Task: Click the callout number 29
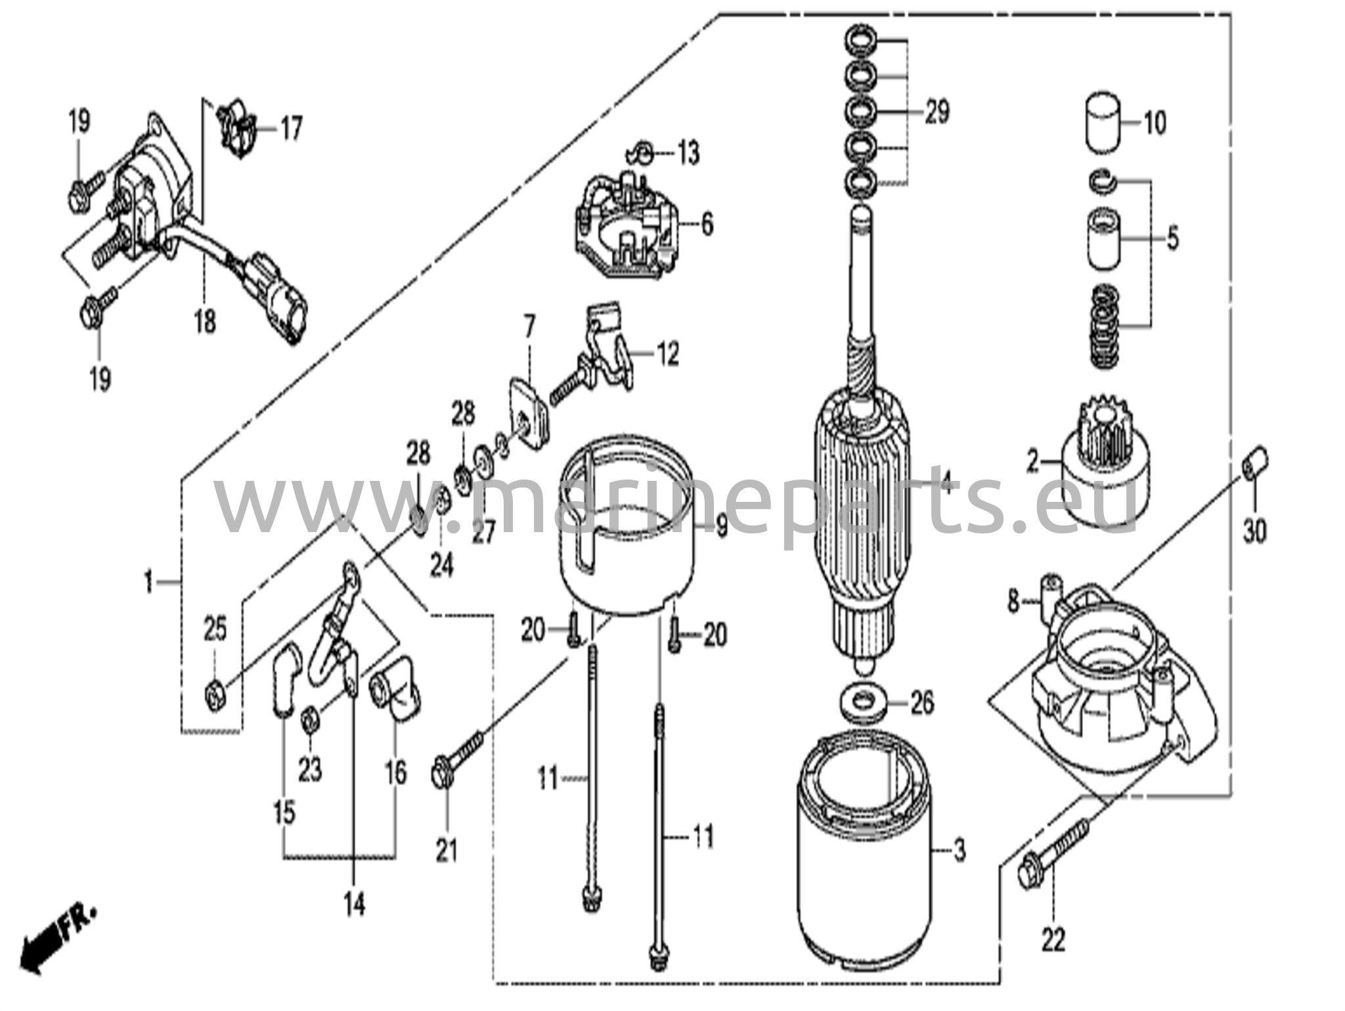tap(937, 112)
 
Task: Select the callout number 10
tap(1154, 123)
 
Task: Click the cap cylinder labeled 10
tap(1101, 125)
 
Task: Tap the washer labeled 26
tap(866, 704)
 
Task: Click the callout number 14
tap(354, 906)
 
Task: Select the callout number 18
tap(205, 321)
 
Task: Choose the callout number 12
tap(667, 355)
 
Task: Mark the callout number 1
tap(148, 581)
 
